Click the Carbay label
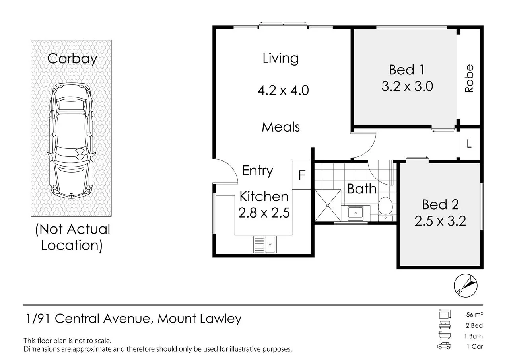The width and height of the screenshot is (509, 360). click(x=72, y=59)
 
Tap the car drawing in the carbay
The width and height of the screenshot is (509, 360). click(x=71, y=141)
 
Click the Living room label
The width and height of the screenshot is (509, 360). click(x=281, y=58)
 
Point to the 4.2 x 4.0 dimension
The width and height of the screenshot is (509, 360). click(x=283, y=90)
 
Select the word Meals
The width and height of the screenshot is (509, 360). click(x=281, y=127)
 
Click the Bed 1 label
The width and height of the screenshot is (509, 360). click(x=406, y=70)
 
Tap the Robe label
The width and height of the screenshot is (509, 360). click(x=469, y=79)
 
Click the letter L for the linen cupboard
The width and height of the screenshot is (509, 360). click(x=469, y=144)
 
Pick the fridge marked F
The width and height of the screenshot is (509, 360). click(x=301, y=175)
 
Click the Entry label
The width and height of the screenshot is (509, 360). click(x=257, y=171)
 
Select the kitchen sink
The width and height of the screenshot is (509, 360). click(x=265, y=245)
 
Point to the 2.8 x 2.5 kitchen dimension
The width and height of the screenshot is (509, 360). click(x=264, y=213)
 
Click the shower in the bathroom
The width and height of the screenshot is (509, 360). click(x=328, y=205)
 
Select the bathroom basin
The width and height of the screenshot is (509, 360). click(x=356, y=213)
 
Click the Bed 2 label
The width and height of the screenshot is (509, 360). click(x=440, y=204)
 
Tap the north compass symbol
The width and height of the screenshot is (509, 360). click(x=465, y=286)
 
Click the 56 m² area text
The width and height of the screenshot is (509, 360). click(x=474, y=315)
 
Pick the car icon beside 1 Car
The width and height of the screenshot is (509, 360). click(x=444, y=346)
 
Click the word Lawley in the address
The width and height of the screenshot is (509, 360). click(x=220, y=319)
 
